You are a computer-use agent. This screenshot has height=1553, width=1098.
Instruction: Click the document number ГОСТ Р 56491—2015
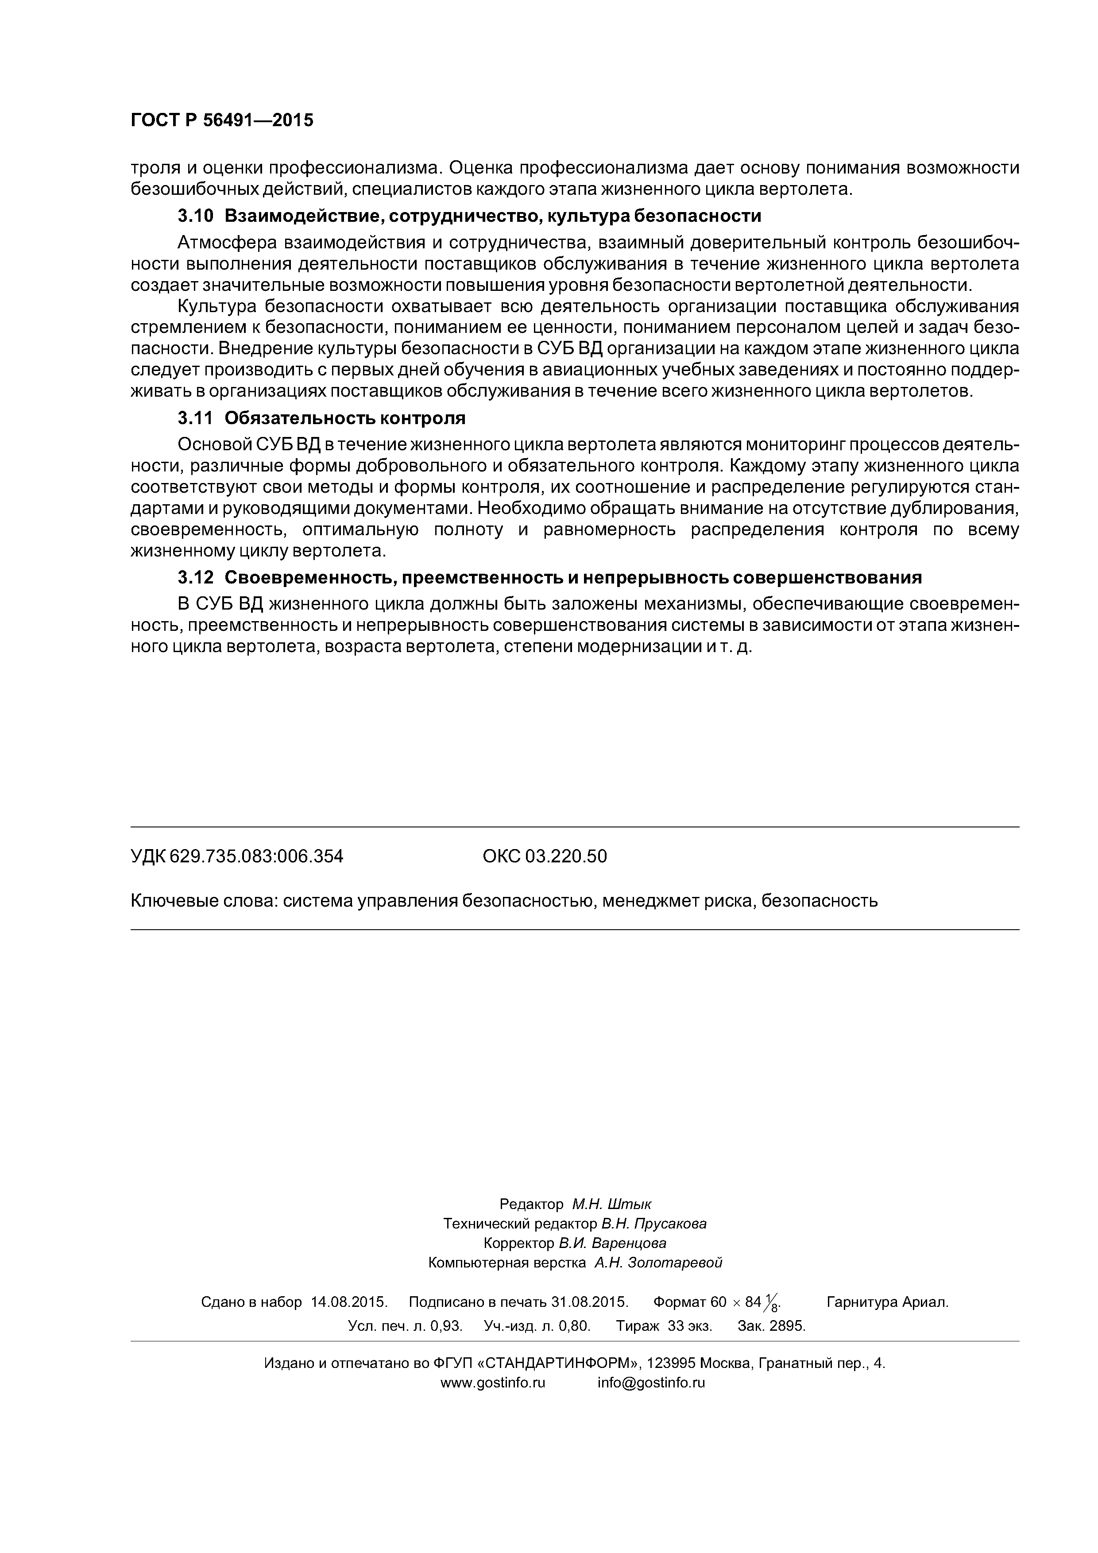pyautogui.click(x=222, y=120)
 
